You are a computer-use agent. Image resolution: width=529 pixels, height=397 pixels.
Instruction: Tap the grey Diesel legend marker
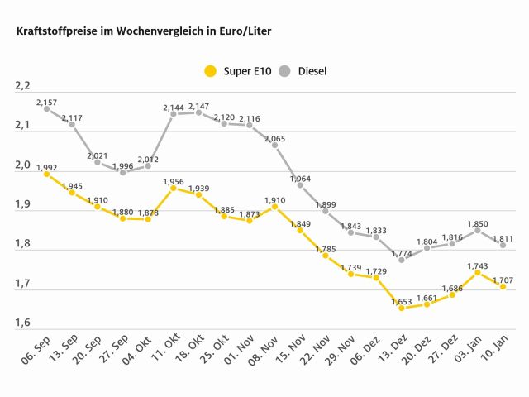[283, 71]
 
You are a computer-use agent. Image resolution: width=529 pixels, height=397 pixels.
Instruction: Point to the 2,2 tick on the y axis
[22, 86]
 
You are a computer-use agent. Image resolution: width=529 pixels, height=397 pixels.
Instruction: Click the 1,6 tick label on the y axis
[22, 323]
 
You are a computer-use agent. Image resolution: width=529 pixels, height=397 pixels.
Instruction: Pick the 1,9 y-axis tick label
[22, 204]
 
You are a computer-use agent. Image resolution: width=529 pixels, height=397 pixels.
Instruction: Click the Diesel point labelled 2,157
[46, 108]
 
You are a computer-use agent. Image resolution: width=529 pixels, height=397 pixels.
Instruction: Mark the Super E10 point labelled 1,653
[402, 308]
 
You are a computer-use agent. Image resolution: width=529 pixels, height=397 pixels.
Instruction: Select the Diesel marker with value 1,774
[402, 260]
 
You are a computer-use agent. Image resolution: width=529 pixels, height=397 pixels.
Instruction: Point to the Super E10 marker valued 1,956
[174, 188]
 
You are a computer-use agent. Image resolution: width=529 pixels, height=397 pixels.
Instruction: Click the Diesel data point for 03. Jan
[478, 230]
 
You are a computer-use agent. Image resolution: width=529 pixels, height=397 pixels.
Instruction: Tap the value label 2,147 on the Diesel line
[199, 107]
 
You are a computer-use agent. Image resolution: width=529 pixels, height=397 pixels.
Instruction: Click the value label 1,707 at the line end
[503, 280]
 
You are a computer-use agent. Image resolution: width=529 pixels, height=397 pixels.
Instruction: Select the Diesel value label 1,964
[301, 179]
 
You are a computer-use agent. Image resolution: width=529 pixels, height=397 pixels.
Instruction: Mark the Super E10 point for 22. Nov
[326, 256]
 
